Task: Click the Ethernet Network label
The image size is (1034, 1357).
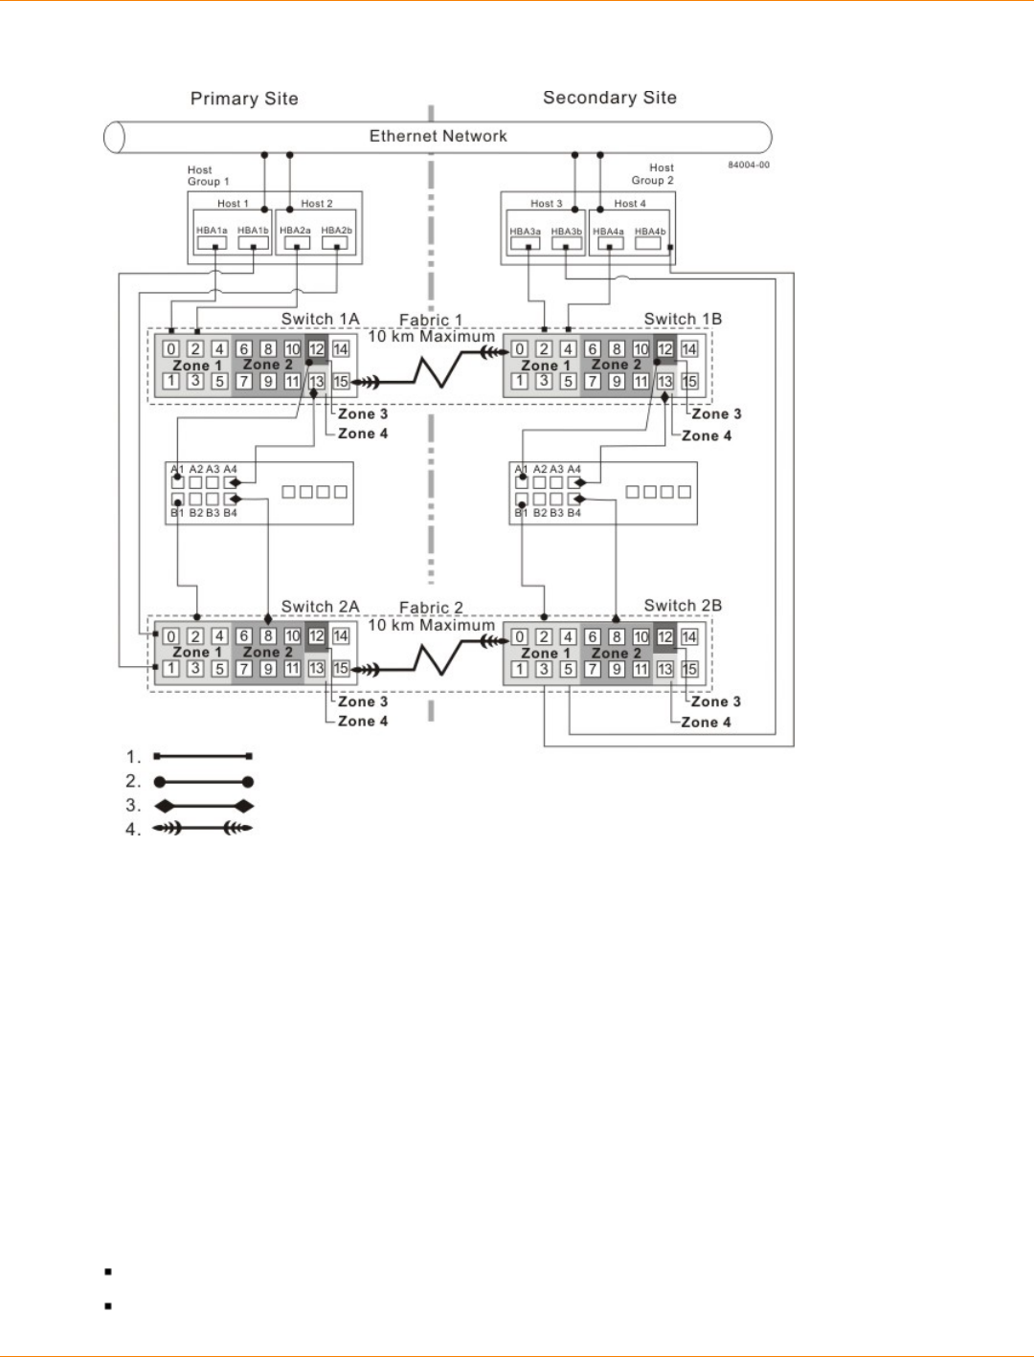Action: click(438, 136)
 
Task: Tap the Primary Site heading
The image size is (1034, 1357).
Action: click(244, 99)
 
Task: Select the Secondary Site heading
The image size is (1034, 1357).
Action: click(609, 98)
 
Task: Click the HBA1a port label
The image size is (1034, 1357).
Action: click(212, 231)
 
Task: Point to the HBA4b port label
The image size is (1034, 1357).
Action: click(650, 232)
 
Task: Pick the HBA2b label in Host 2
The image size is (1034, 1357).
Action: click(336, 231)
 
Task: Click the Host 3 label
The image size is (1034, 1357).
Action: click(547, 204)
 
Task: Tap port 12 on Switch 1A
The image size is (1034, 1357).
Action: click(316, 349)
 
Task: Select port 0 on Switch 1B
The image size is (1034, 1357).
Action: click(520, 349)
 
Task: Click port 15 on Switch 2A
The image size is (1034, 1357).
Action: click(341, 669)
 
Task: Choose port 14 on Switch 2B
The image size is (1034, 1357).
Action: click(689, 636)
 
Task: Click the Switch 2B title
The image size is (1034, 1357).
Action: click(683, 606)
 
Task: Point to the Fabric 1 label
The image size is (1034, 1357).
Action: click(430, 320)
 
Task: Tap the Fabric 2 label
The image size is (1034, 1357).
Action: click(431, 608)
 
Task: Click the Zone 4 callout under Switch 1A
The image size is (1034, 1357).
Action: click(363, 434)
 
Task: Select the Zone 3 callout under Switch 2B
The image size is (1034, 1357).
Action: click(716, 701)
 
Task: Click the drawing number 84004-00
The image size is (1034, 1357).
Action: click(748, 165)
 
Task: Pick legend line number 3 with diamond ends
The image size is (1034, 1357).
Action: click(203, 806)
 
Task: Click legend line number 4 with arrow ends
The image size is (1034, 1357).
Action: click(203, 829)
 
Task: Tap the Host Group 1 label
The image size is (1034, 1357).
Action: click(208, 176)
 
